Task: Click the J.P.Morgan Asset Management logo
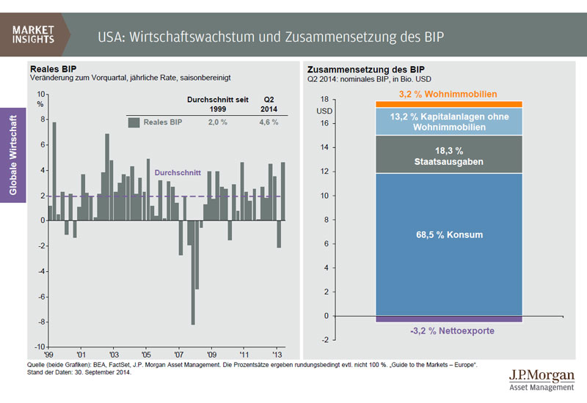point(541,380)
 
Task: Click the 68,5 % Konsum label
point(448,235)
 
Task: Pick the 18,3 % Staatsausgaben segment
point(448,155)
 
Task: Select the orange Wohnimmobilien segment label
point(448,95)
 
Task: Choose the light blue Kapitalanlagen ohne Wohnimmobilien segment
point(448,121)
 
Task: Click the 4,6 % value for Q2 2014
point(269,122)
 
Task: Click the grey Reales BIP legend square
point(134,122)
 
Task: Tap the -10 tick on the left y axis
point(40,347)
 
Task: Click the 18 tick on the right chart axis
point(324,99)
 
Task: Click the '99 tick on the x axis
point(48,352)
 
